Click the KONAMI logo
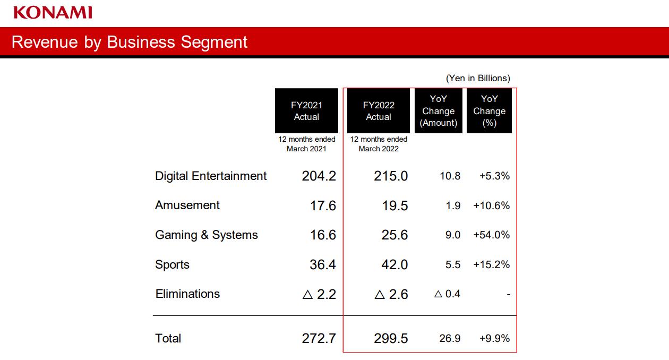tap(53, 12)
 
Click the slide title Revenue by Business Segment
tap(130, 42)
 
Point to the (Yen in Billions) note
tap(478, 78)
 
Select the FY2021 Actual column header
tap(306, 111)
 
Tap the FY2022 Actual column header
tap(379, 111)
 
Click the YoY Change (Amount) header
tap(439, 111)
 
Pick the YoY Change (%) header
tap(489, 111)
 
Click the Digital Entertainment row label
tap(211, 176)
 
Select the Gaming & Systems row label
tap(207, 235)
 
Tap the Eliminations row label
tap(187, 294)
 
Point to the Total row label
tap(168, 338)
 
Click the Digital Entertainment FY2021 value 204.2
tap(319, 176)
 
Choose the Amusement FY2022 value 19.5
tap(395, 205)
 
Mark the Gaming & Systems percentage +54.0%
tap(491, 235)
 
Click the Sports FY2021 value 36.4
tap(323, 264)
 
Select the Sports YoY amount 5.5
tap(453, 264)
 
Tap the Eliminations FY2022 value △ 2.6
tap(391, 294)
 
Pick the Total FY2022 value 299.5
tap(391, 338)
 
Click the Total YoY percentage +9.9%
tap(494, 338)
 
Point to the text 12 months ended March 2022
tap(379, 144)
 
